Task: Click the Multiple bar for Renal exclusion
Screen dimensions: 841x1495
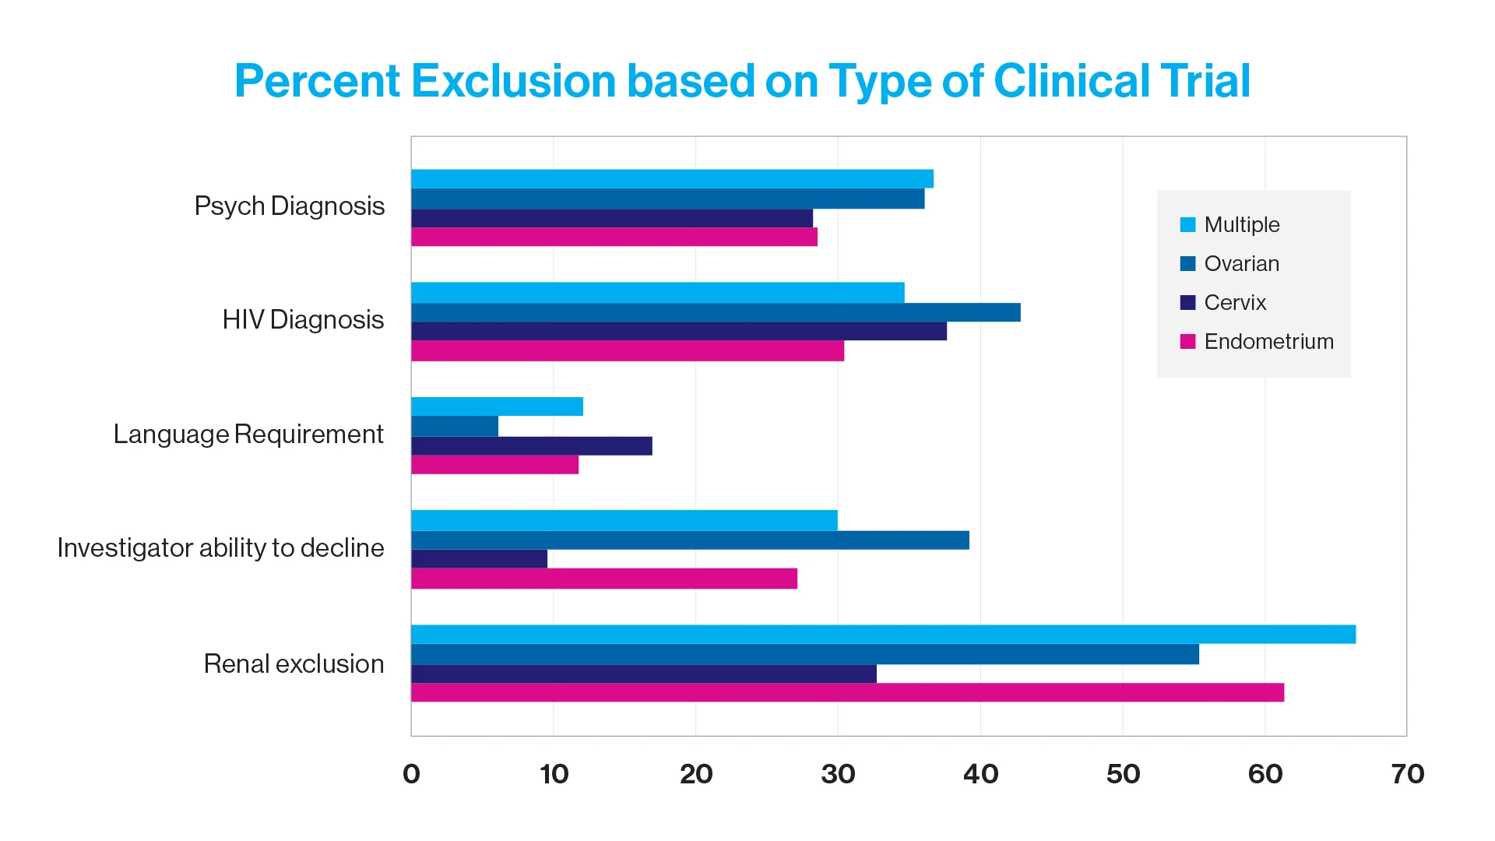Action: point(883,634)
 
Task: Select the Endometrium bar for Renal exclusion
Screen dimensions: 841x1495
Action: point(847,692)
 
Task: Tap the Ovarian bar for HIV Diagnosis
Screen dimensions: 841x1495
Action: point(716,312)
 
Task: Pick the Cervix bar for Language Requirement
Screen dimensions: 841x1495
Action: point(532,445)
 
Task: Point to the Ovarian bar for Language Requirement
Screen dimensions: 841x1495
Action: point(455,426)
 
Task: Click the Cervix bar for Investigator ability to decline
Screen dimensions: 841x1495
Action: point(479,559)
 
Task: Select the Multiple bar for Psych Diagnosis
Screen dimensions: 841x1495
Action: point(672,179)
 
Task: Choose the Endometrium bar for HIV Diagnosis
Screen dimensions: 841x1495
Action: point(628,350)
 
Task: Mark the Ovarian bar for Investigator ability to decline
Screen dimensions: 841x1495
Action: point(690,540)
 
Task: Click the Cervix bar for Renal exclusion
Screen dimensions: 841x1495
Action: point(644,674)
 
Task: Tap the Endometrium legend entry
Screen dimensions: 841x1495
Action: point(1268,341)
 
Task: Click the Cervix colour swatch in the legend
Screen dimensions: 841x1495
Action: point(1187,302)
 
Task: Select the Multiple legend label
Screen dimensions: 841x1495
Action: point(1241,224)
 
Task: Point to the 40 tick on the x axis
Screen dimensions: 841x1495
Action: point(980,773)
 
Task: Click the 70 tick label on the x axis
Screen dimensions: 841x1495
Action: point(1407,773)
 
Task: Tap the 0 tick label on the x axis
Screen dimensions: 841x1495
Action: point(411,773)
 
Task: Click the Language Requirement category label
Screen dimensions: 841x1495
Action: point(248,434)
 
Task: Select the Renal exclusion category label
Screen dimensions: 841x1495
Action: point(294,663)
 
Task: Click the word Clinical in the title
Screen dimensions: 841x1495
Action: point(1068,81)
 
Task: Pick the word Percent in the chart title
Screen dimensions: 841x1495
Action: point(317,81)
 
